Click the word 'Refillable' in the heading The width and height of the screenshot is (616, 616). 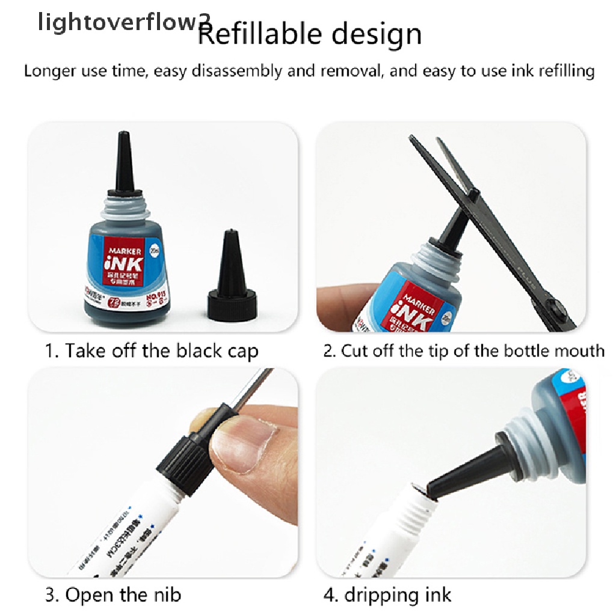pos(265,35)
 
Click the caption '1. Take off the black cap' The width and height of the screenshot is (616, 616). pos(152,351)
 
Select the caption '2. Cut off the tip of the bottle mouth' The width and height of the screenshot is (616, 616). pos(463,351)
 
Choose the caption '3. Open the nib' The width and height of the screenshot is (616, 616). pos(113,596)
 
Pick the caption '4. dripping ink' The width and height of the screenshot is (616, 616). pos(387,596)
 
